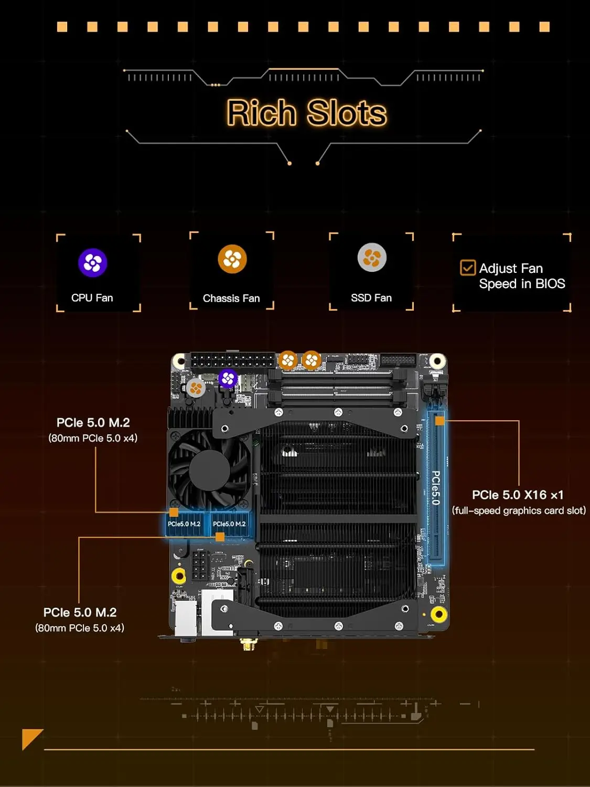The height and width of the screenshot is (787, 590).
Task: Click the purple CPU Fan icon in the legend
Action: pos(93,263)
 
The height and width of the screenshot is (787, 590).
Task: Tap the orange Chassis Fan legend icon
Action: pos(232,259)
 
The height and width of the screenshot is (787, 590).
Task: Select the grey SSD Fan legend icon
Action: pos(372,258)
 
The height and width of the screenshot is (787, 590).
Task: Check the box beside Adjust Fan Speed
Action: pos(468,268)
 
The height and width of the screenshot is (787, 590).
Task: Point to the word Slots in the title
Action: pos(347,113)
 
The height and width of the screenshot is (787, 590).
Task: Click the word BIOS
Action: pos(550,284)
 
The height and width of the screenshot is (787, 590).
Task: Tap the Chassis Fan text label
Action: pos(231,299)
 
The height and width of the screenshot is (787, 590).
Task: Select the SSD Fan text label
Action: pos(371,298)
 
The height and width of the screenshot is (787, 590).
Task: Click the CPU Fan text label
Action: pos(92,298)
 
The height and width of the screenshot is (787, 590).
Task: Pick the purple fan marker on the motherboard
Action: pos(228,378)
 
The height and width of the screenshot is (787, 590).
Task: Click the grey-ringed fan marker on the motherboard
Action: pos(196,388)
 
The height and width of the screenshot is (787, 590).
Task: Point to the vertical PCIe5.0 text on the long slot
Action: pos(436,487)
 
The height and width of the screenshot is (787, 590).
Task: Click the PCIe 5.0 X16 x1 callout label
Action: pos(518,495)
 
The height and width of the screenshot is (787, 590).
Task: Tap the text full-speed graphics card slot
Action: pos(519,511)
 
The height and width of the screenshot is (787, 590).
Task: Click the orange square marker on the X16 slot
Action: pos(439,421)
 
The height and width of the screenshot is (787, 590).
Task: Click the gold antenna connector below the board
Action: pos(246,644)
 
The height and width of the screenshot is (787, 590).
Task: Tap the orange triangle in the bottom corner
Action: pos(30,737)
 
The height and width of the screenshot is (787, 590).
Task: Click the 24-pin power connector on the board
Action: pos(232,361)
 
